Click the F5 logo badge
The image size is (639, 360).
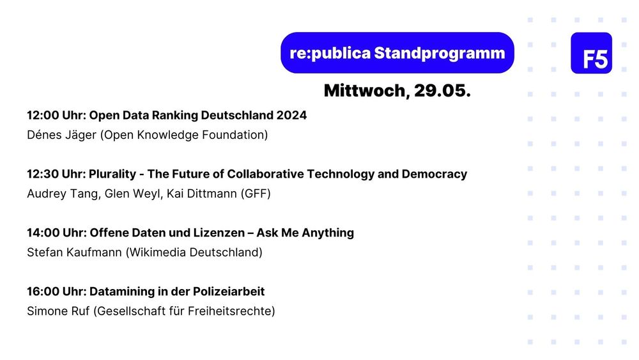591,53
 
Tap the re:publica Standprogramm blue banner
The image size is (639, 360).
397,52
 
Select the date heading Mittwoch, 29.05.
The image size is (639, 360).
397,91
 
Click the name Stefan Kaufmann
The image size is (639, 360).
74,253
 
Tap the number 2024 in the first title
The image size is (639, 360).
291,116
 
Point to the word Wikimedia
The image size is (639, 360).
157,253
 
